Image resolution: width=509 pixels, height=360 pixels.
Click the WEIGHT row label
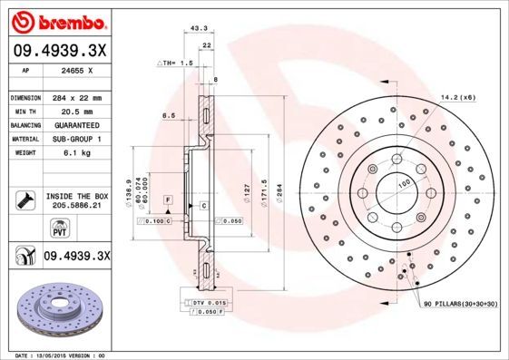point(22,152)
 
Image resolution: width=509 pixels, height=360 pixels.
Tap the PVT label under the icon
point(24,232)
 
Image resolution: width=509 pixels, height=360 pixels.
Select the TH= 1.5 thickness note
point(177,63)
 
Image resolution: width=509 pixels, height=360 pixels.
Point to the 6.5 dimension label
point(168,115)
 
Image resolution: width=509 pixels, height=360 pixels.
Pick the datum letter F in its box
point(168,199)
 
